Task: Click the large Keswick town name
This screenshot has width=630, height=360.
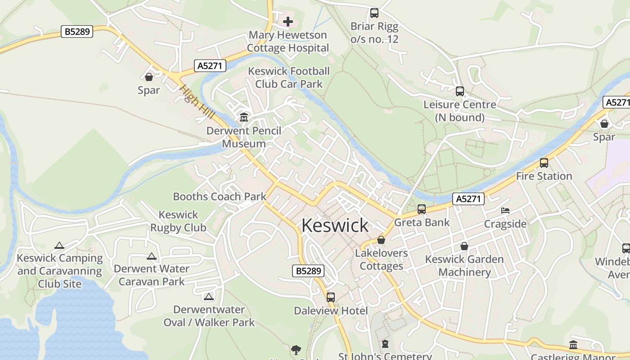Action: click(x=335, y=225)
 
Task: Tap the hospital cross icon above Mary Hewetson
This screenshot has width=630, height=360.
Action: click(x=288, y=21)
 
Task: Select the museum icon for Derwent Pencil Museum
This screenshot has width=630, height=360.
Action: click(x=244, y=117)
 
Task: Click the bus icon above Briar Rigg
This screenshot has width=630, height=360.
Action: click(x=374, y=13)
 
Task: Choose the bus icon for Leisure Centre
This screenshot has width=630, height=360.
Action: click(x=459, y=91)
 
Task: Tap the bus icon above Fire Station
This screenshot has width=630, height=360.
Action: click(x=544, y=163)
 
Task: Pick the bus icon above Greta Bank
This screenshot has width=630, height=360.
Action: click(x=422, y=209)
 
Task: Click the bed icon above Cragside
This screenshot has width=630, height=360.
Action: click(x=505, y=211)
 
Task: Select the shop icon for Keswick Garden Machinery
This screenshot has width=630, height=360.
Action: click(x=464, y=246)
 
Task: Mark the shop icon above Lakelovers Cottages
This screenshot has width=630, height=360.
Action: click(x=381, y=240)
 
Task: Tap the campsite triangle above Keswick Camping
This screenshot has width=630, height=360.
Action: click(x=59, y=246)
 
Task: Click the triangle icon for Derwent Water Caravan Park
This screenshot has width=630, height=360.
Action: click(x=152, y=256)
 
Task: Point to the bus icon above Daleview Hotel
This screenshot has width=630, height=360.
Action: click(x=331, y=297)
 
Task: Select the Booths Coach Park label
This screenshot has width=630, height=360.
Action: click(x=220, y=197)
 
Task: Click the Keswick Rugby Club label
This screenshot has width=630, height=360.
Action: click(x=178, y=221)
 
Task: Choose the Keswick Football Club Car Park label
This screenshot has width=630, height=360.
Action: click(x=289, y=77)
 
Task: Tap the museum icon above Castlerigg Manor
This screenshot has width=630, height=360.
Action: click(x=573, y=345)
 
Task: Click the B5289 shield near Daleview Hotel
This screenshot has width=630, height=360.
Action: click(x=308, y=271)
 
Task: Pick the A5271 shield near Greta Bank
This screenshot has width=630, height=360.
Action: click(x=468, y=199)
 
